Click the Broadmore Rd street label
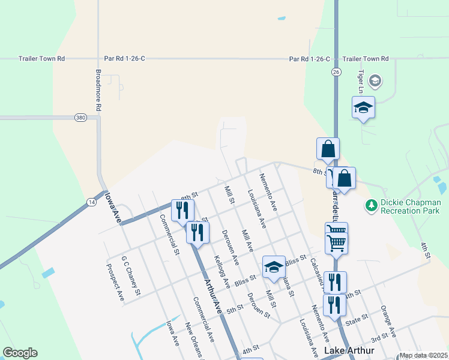click(98, 90)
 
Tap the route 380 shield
click(80, 118)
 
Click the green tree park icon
click(371, 206)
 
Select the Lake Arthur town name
click(349, 350)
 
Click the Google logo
click(20, 353)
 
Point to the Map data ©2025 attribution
click(423, 355)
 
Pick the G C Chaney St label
click(130, 275)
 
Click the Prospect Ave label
click(115, 282)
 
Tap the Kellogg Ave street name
click(222, 272)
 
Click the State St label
click(356, 321)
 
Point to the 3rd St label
click(379, 338)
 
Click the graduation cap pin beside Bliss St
click(274, 267)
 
